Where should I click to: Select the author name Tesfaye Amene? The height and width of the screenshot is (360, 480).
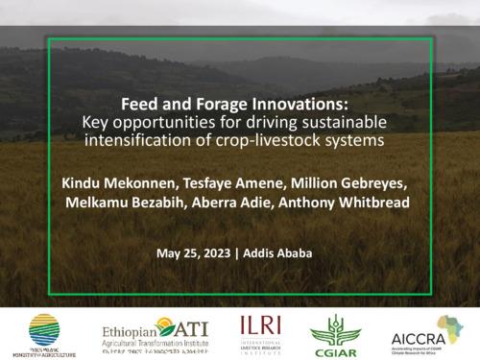(x=245, y=181)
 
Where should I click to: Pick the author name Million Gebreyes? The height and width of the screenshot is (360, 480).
(x=352, y=181)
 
